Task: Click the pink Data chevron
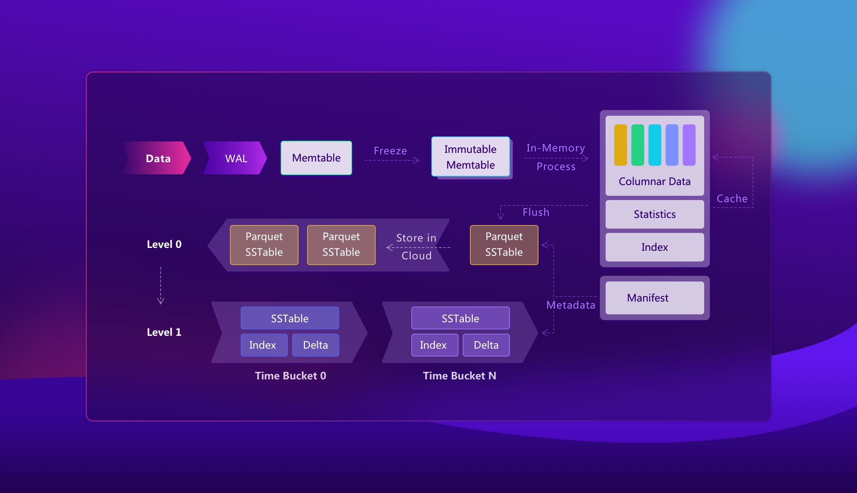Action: [x=158, y=158]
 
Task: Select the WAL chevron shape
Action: [x=236, y=158]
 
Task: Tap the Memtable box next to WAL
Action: [x=316, y=158]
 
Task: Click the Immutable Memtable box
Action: [x=470, y=157]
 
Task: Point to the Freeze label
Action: [x=390, y=151]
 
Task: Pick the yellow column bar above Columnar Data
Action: [x=620, y=145]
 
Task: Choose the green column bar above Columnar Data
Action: [x=637, y=145]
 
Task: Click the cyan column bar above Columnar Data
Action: [x=655, y=145]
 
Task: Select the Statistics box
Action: [x=655, y=214]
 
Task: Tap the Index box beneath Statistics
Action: [x=655, y=247]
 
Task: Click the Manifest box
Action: [x=655, y=298]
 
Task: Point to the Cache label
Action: [x=732, y=199]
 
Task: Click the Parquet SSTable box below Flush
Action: [x=504, y=245]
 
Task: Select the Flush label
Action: [x=536, y=212]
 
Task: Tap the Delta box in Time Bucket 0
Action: [x=315, y=345]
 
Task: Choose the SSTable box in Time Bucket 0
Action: [x=290, y=318]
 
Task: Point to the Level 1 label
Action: [x=164, y=332]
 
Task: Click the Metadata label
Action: [x=571, y=305]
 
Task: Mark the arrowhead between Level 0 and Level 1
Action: [x=161, y=301]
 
